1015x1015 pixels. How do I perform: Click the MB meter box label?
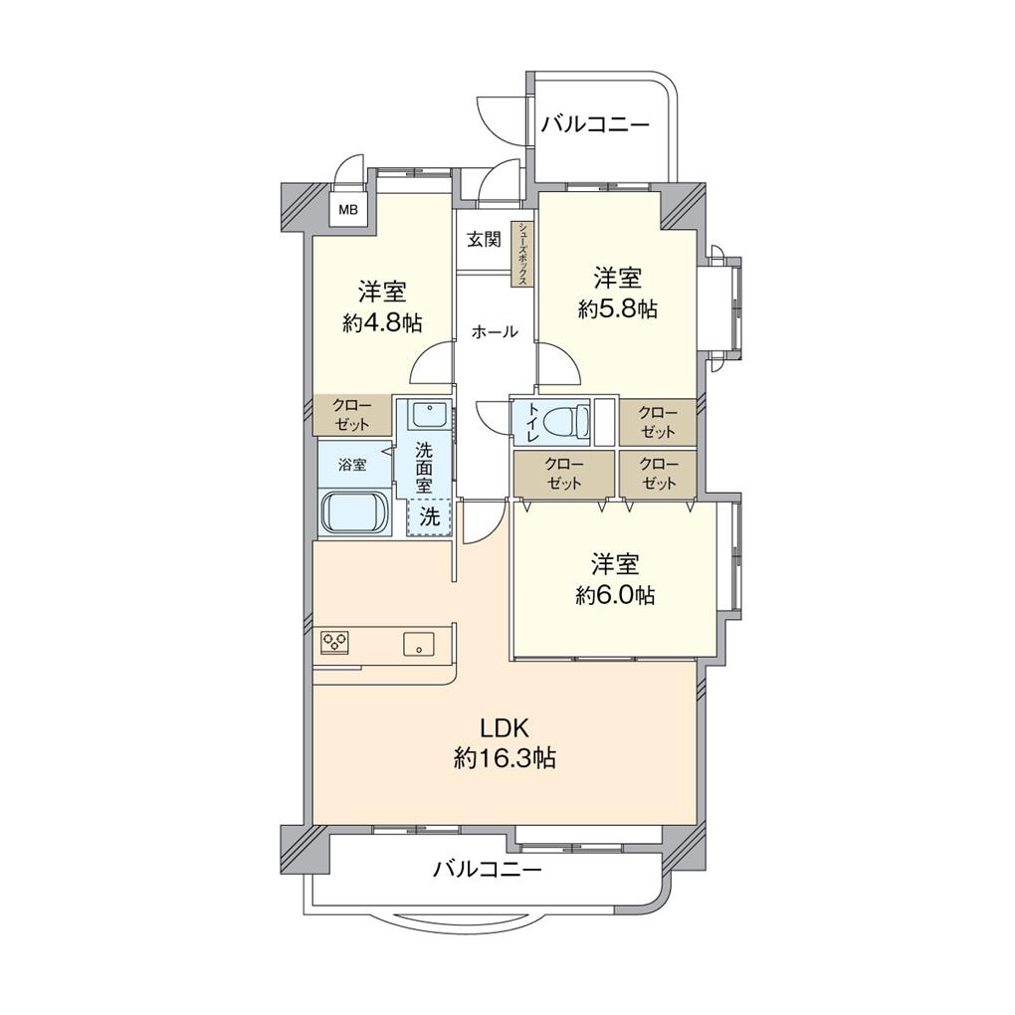[x=348, y=209]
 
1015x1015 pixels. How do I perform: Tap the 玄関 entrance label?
[x=485, y=239]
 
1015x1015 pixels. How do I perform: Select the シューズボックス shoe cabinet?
[x=522, y=254]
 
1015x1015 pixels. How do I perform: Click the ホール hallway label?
[x=495, y=332]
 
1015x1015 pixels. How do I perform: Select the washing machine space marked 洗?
[x=429, y=516]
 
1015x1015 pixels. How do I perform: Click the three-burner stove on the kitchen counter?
[x=334, y=641]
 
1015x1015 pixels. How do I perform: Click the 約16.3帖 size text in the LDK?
[x=505, y=758]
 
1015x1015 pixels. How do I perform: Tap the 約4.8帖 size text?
[x=382, y=321]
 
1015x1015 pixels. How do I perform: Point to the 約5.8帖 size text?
[x=618, y=308]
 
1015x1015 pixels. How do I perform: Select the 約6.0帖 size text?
[x=615, y=594]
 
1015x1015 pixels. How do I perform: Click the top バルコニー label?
[x=595, y=123]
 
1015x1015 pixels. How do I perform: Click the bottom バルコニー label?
[x=487, y=869]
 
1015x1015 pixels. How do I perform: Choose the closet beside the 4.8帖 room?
[x=353, y=415]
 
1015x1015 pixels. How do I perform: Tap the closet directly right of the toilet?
[x=658, y=422]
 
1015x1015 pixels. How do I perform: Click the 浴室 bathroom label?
[x=353, y=464]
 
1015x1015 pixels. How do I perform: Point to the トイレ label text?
[x=534, y=423]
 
